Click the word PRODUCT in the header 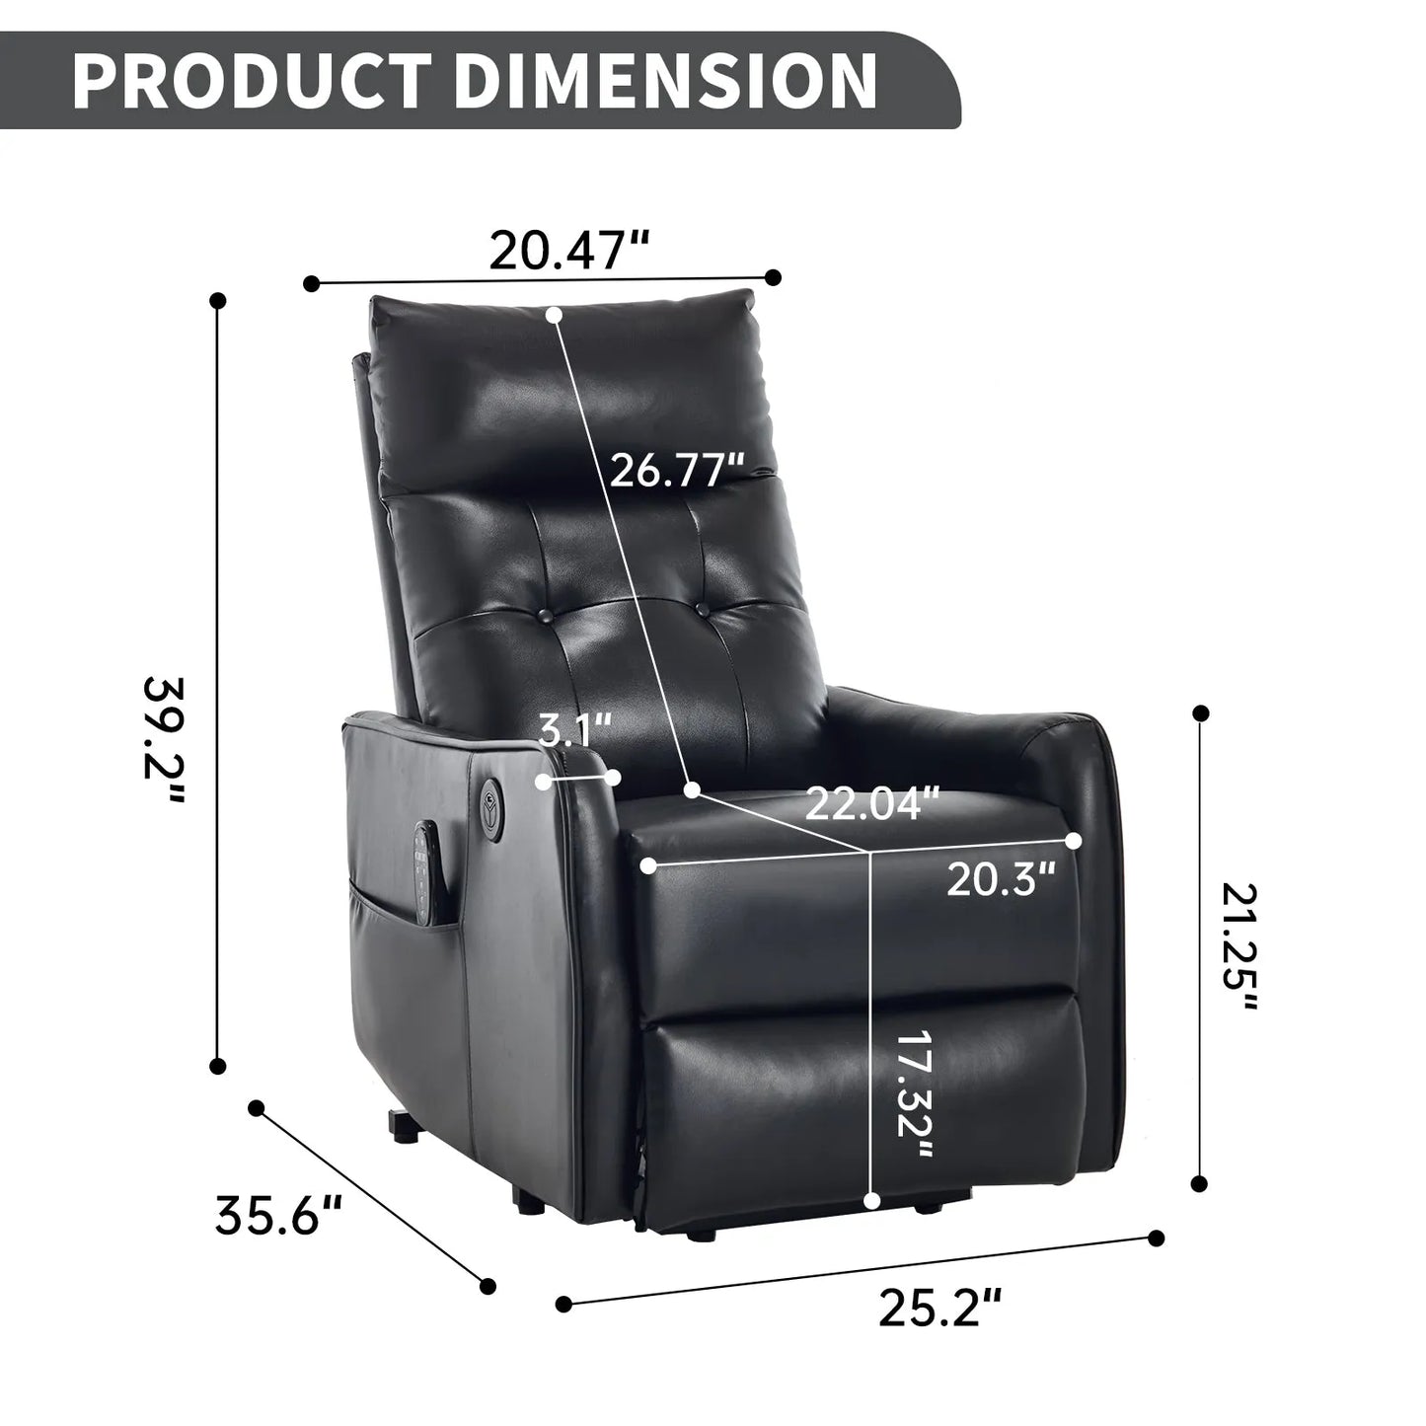(x=251, y=81)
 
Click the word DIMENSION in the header (x=665, y=81)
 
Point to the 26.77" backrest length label (x=676, y=470)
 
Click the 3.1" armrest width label (x=575, y=733)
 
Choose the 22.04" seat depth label (x=872, y=804)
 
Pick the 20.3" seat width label (x=1003, y=878)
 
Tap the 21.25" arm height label (x=1239, y=947)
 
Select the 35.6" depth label (x=278, y=1215)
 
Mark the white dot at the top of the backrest (x=554, y=315)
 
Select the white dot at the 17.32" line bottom (x=871, y=1200)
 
